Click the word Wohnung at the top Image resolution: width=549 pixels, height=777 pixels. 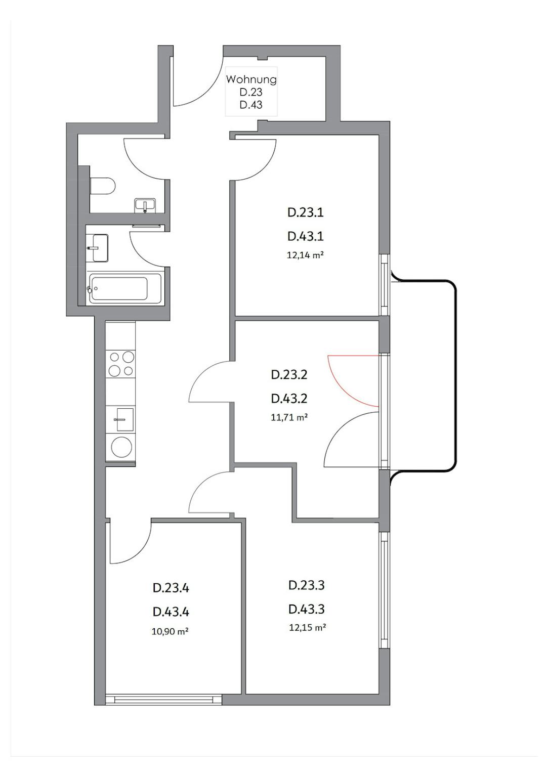pyautogui.click(x=251, y=79)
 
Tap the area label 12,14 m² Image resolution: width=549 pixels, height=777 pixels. pyautogui.click(x=306, y=255)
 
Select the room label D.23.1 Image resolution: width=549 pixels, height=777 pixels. pyautogui.click(x=306, y=212)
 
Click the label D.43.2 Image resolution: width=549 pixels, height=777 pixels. pyautogui.click(x=289, y=399)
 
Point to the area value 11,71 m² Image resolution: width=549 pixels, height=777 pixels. pyautogui.click(x=289, y=417)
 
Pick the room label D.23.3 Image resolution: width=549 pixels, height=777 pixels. pyautogui.click(x=307, y=585)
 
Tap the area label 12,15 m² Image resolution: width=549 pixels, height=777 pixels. pyautogui.click(x=307, y=627)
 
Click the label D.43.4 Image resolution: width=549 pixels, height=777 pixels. pyautogui.click(x=171, y=612)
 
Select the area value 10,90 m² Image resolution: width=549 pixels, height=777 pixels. pyautogui.click(x=170, y=632)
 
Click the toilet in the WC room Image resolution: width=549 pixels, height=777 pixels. pyautogui.click(x=102, y=186)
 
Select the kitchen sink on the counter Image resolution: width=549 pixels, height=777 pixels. pyautogui.click(x=120, y=419)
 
